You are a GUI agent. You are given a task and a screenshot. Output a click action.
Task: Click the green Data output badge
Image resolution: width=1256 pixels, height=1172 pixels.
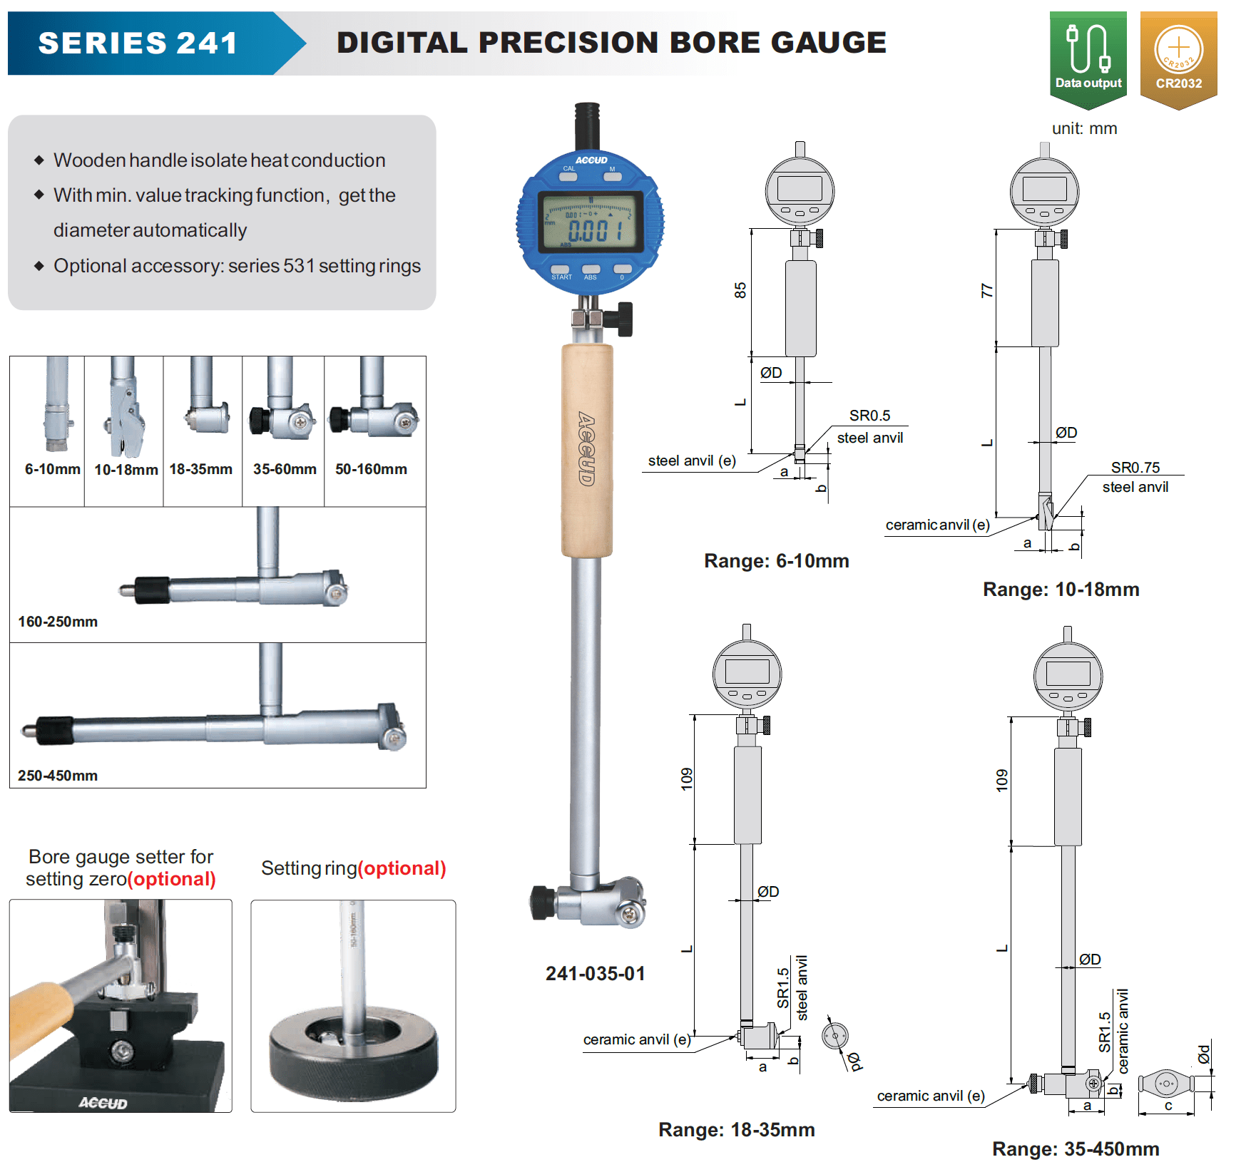point(1088,60)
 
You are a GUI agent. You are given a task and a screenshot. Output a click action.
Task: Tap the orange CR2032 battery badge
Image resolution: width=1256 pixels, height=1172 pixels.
point(1178,60)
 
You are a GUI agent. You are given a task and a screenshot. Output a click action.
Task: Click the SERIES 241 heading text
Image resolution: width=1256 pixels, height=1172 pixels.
point(138,43)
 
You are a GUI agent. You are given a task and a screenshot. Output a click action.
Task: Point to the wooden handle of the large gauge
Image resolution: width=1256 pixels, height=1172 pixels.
point(587,450)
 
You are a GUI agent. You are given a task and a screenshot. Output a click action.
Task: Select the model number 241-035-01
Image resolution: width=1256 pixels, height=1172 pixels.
point(596,974)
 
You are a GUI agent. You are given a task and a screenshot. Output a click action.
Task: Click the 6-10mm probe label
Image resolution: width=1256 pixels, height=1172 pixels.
point(53,469)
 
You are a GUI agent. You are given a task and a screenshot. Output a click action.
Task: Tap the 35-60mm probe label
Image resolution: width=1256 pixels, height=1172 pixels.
point(285,469)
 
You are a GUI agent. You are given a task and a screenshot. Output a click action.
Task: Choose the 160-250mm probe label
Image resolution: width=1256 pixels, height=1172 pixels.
point(58,622)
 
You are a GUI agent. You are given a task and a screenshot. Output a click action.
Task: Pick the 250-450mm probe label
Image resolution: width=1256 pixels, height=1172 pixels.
point(58,776)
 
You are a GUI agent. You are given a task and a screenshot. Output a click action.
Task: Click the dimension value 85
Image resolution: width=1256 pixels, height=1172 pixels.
point(740,290)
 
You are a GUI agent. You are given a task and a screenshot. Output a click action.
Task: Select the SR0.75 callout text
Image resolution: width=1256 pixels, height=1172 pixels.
point(1135,468)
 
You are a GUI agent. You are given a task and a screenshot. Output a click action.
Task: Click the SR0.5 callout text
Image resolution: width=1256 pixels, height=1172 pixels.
point(869,416)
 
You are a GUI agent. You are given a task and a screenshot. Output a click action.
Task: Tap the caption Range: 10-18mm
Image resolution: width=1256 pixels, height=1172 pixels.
point(1061,590)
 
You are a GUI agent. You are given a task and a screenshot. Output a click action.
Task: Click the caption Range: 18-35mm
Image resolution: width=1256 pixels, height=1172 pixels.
point(737,1130)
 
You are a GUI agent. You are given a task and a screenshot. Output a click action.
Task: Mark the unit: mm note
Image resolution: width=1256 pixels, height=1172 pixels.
point(1084,129)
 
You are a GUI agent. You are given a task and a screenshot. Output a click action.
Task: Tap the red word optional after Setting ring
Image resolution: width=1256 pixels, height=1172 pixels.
point(402,868)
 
